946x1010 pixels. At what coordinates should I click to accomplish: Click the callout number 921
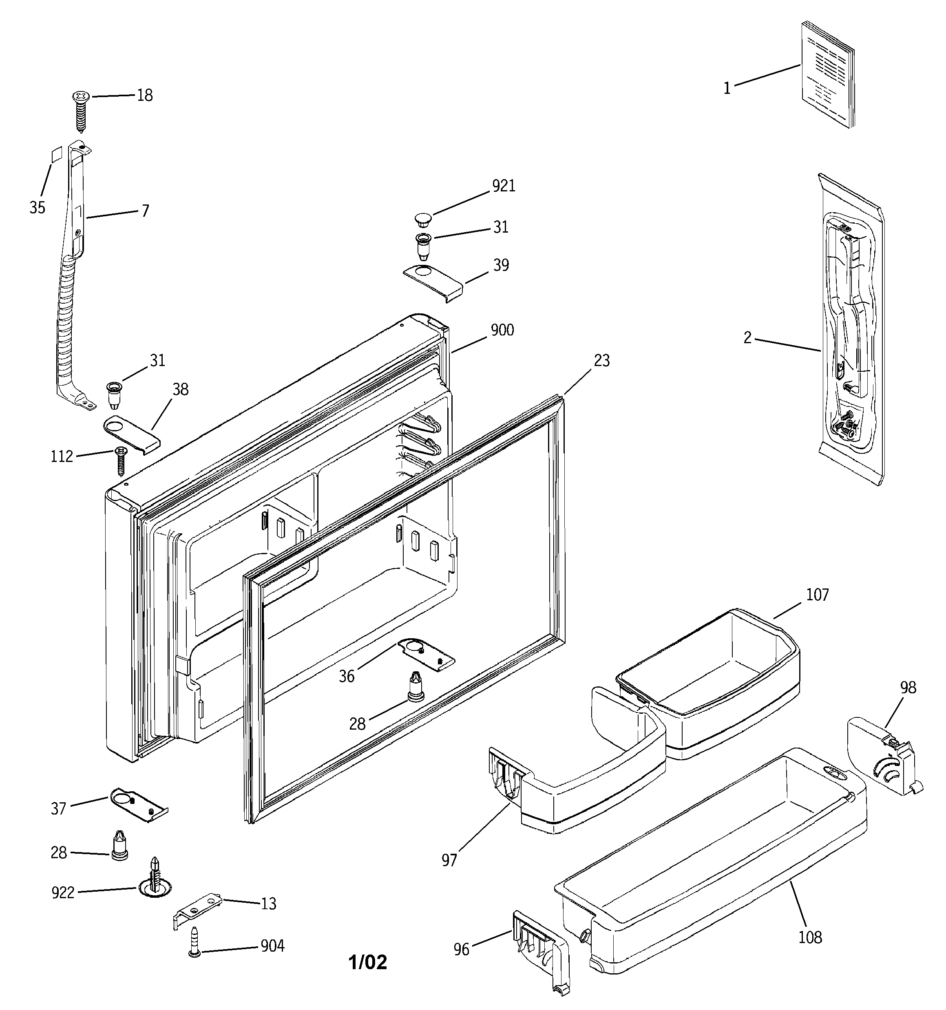click(504, 186)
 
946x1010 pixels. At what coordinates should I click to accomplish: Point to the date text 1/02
click(368, 962)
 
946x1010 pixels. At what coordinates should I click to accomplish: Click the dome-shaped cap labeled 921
click(422, 220)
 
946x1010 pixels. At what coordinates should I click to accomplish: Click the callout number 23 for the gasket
click(602, 361)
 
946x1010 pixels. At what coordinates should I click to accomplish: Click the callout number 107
click(817, 595)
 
